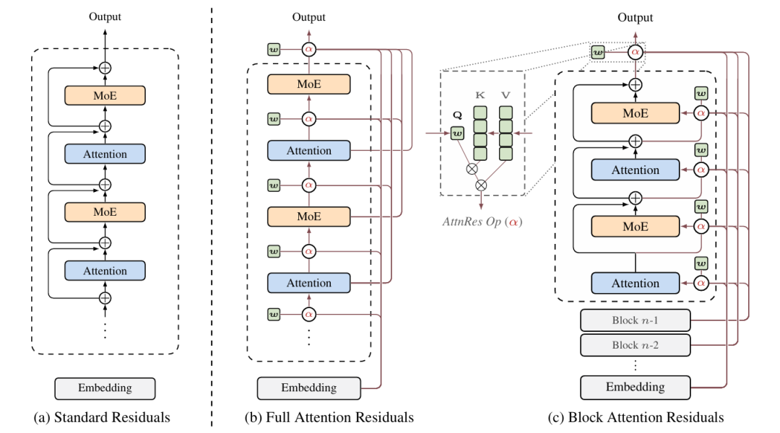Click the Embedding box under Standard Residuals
[105, 388]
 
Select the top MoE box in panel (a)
[105, 96]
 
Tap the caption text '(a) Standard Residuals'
[105, 417]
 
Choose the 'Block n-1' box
[635, 320]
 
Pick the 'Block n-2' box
[635, 345]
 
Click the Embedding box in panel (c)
[635, 388]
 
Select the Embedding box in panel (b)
[308, 388]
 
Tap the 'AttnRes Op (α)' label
[483, 222]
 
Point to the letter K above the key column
[480, 95]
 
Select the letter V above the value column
[506, 95]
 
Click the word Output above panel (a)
[105, 16]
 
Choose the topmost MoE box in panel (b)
[308, 84]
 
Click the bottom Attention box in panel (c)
[635, 284]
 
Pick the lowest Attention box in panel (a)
[105, 271]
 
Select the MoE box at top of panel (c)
[635, 113]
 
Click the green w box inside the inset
[456, 133]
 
